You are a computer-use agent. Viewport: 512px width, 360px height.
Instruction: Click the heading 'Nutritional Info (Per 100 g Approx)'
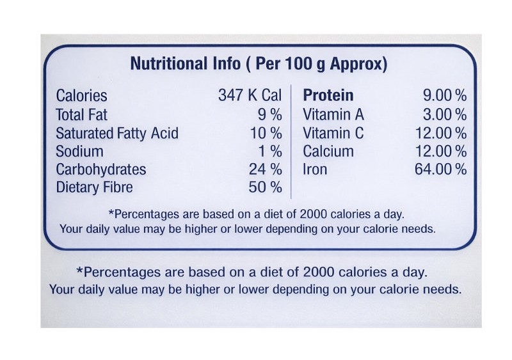point(259,64)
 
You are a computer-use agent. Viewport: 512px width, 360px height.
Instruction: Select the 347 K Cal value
point(250,96)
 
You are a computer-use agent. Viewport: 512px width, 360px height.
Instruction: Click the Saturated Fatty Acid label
point(117,134)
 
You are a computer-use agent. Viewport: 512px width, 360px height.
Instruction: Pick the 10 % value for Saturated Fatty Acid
point(266,134)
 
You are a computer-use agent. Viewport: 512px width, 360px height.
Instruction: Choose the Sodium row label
point(79,152)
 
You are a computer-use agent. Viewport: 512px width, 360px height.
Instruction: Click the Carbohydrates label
point(101,169)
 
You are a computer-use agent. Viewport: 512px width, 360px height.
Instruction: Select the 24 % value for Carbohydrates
point(266,169)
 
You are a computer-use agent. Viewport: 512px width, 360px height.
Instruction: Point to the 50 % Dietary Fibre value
point(266,187)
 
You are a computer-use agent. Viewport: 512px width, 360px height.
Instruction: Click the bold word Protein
point(328,96)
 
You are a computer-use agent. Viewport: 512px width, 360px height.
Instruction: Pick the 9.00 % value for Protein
point(445,96)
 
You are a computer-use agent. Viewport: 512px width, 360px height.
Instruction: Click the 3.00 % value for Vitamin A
point(445,115)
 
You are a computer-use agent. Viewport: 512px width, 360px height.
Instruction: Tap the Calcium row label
point(328,152)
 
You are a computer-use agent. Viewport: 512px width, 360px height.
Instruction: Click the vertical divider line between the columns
point(292,141)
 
